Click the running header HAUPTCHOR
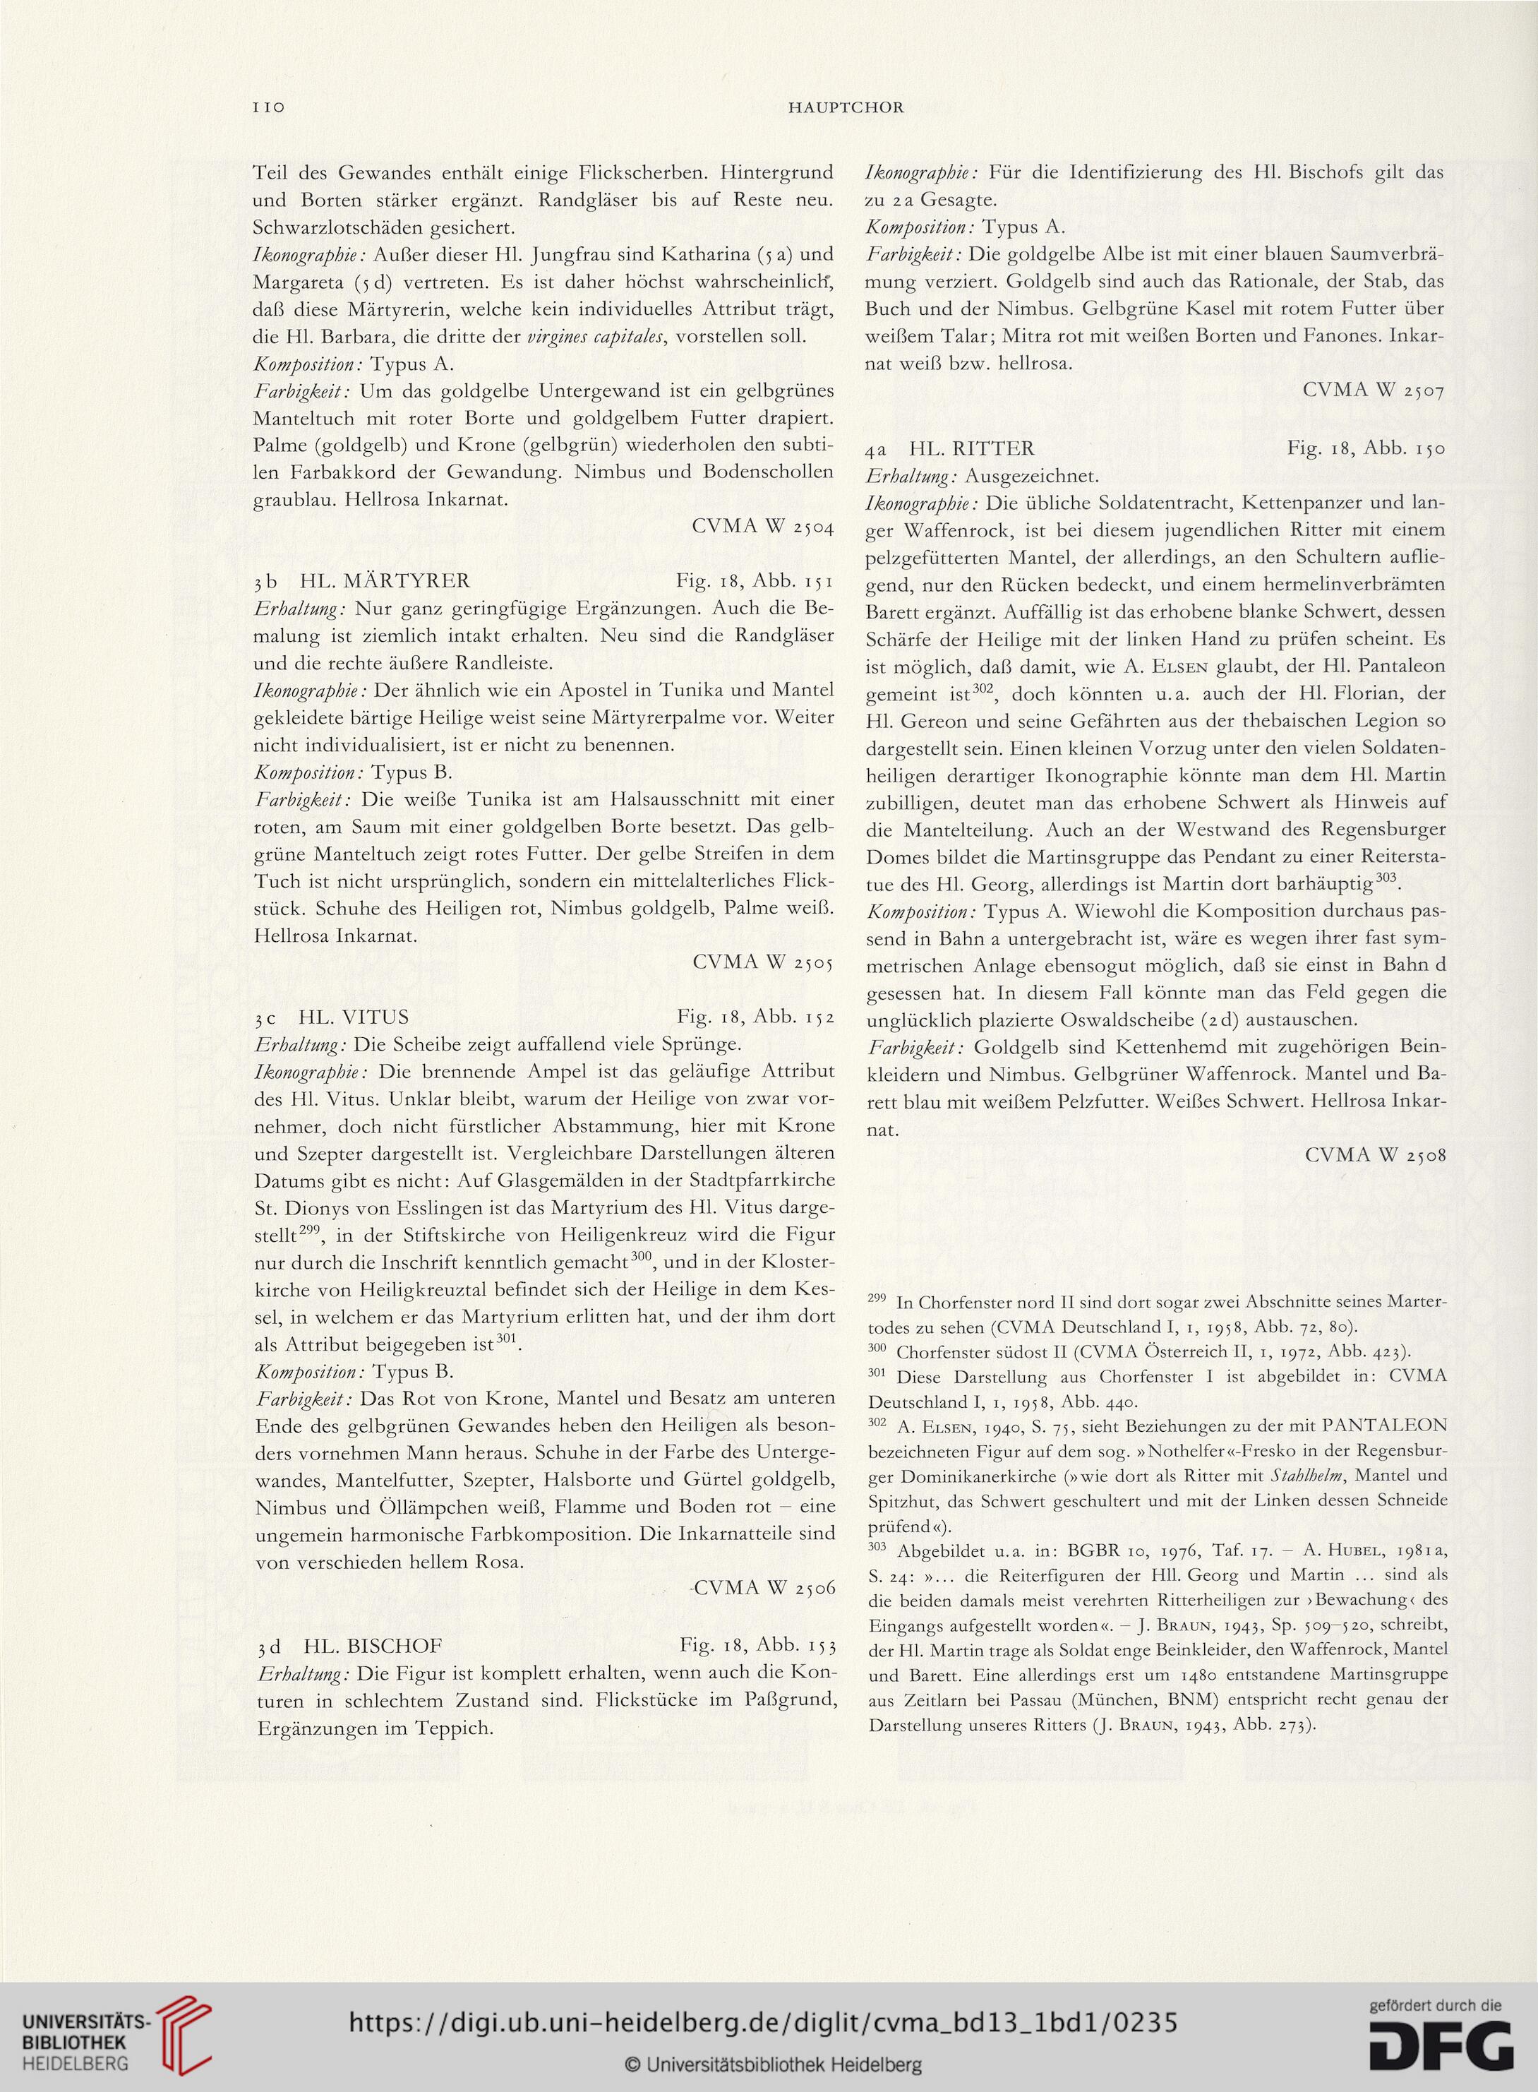[x=846, y=108]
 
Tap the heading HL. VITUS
[x=355, y=1016]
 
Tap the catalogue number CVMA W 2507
[x=1375, y=390]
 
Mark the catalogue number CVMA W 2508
[x=1375, y=1155]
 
